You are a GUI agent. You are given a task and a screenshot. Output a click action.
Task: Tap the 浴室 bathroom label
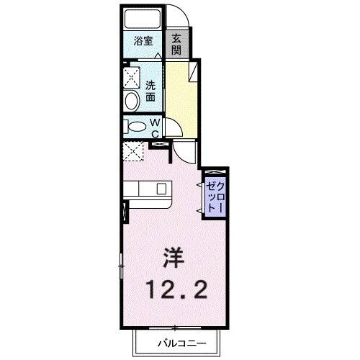point(142,42)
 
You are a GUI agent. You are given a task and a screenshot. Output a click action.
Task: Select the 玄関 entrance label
point(176,45)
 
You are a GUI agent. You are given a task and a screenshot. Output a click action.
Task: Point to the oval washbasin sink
point(132,100)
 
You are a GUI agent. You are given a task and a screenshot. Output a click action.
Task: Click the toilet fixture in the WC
point(135,127)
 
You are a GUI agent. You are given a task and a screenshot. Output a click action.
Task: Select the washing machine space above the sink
point(132,76)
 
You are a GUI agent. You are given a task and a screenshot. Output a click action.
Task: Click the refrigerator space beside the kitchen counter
point(133,153)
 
